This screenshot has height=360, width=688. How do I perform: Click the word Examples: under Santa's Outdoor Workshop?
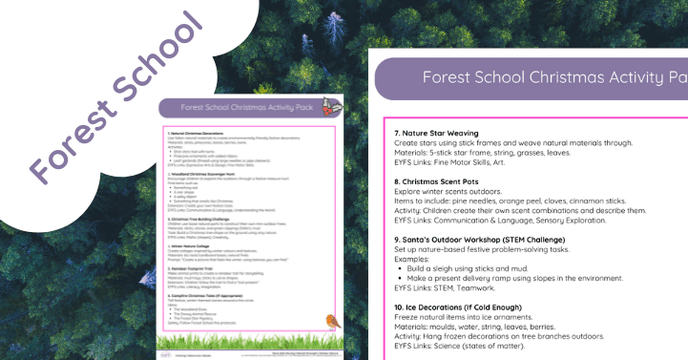(x=411, y=261)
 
